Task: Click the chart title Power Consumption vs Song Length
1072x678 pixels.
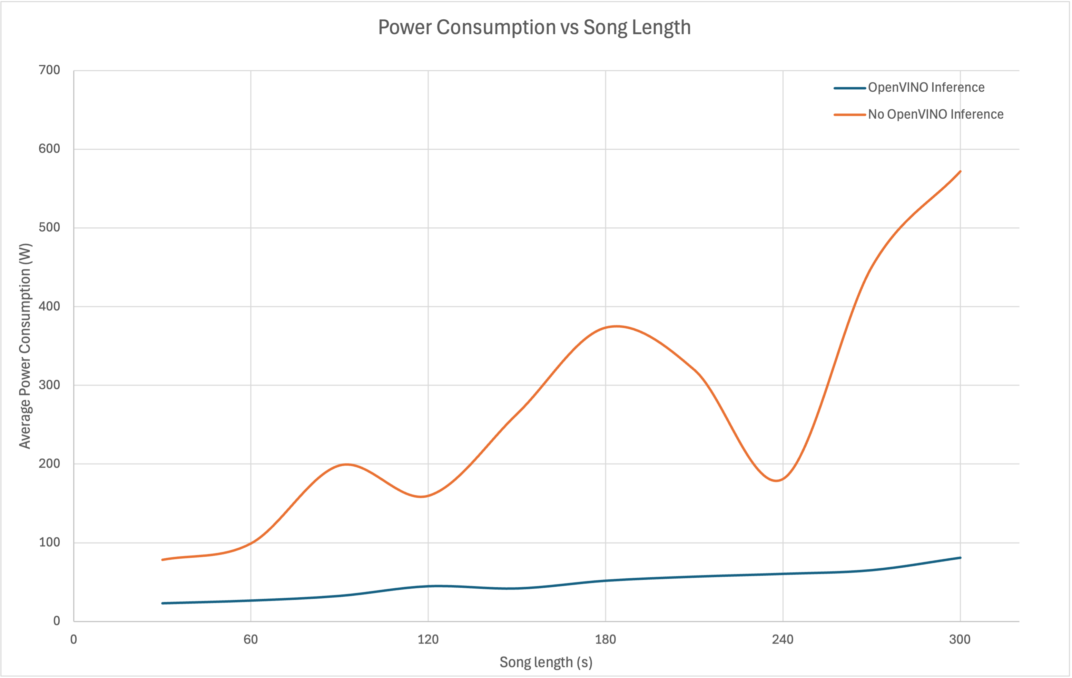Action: (534, 28)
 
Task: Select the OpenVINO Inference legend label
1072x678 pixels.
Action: (926, 88)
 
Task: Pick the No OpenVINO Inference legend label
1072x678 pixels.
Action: (935, 114)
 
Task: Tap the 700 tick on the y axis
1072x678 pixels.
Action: (49, 70)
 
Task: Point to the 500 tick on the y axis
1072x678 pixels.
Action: (49, 227)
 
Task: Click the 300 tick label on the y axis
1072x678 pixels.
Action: (49, 385)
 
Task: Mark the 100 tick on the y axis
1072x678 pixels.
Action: (49, 542)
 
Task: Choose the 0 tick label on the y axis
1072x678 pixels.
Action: (57, 621)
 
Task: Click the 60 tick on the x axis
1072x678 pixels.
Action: (250, 640)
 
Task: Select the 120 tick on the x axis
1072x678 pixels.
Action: (428, 640)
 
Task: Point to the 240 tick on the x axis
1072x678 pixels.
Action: (783, 640)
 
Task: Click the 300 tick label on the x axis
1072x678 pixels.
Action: (960, 640)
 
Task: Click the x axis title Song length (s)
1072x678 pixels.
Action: (546, 662)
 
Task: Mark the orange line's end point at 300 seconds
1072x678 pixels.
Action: (960, 171)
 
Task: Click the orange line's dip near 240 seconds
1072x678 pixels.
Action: (776, 480)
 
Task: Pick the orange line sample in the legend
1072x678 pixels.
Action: (849, 115)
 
